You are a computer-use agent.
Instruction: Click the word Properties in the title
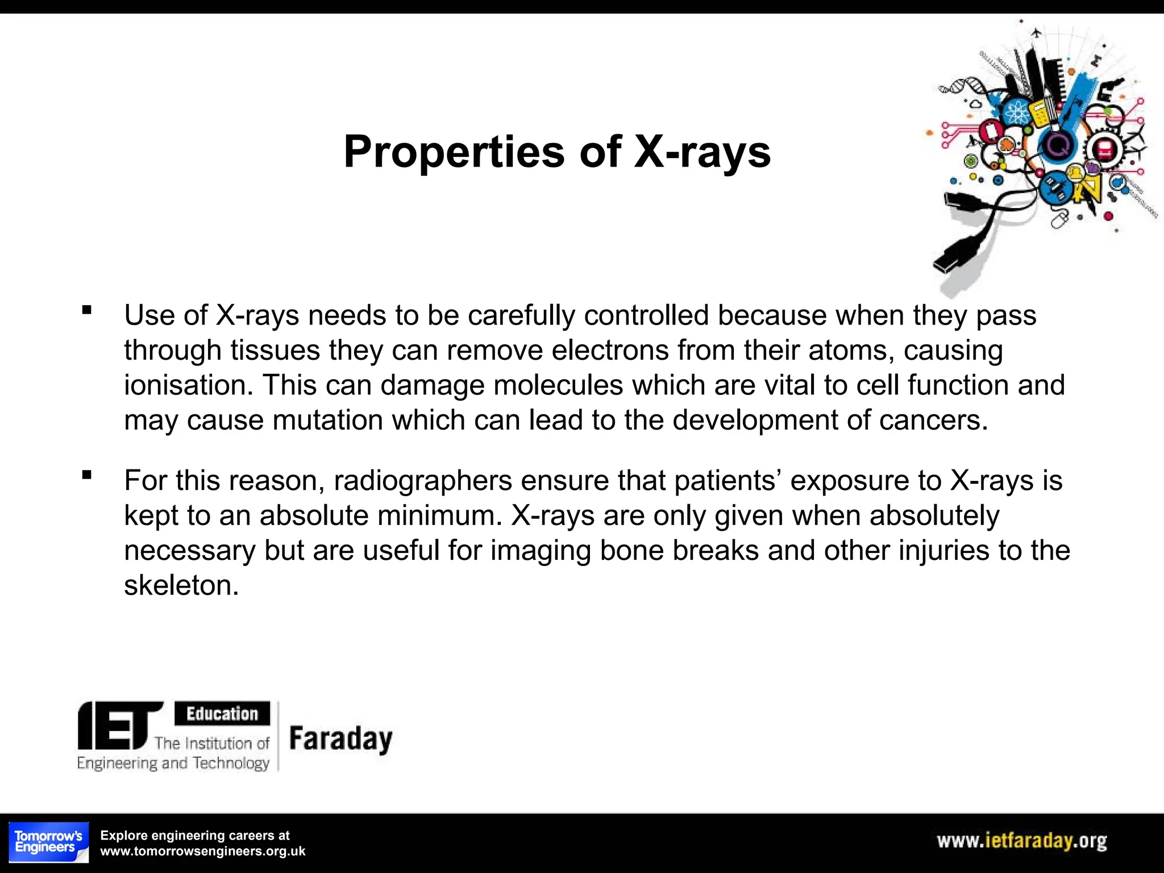(x=454, y=152)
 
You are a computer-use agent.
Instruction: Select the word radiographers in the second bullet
(x=423, y=480)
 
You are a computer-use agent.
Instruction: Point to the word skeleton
(x=181, y=585)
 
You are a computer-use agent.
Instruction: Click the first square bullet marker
(x=87, y=310)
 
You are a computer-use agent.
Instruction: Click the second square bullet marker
(x=87, y=475)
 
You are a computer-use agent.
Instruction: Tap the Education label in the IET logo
(x=222, y=713)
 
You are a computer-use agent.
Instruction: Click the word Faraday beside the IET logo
(x=341, y=739)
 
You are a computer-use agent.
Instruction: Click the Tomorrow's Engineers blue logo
(x=49, y=842)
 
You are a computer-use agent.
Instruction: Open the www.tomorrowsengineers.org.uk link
(x=203, y=851)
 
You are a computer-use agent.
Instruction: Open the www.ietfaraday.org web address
(x=1021, y=841)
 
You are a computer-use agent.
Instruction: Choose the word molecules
(x=558, y=385)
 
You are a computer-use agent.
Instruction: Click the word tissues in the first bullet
(x=275, y=350)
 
